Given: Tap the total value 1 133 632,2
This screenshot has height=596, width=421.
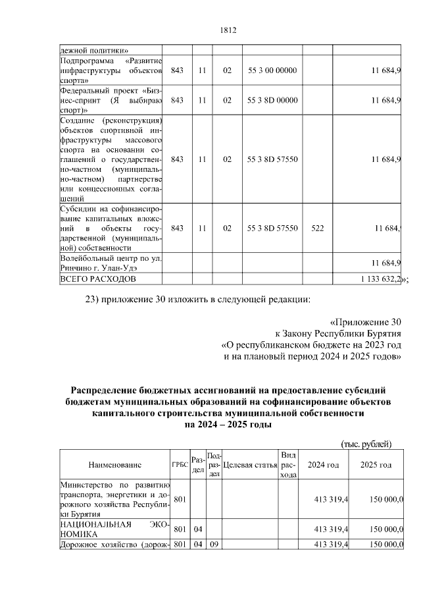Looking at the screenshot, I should pyautogui.click(x=380, y=279).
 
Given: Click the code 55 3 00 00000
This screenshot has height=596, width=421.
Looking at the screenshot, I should pyautogui.click(x=272, y=70).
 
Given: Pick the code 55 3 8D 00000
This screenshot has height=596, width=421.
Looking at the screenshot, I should pyautogui.click(x=272, y=100).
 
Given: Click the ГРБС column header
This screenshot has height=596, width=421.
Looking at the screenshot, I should pyautogui.click(x=180, y=466).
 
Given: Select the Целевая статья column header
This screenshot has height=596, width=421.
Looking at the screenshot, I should pyautogui.click(x=249, y=466).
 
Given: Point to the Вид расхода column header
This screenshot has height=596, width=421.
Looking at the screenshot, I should pyautogui.click(x=287, y=465).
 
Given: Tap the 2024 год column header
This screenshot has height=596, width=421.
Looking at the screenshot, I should pyautogui.click(x=324, y=466).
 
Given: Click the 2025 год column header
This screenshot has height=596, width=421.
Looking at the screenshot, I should pyautogui.click(x=376, y=466).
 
